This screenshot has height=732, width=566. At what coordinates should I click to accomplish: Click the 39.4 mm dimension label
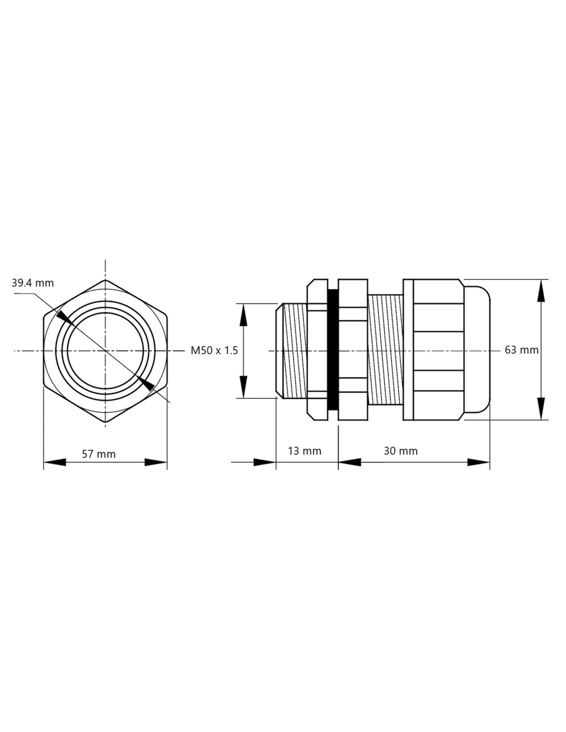[32, 283]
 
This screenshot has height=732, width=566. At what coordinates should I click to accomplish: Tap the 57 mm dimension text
[99, 455]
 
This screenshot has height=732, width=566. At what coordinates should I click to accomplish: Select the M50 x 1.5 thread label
[214, 351]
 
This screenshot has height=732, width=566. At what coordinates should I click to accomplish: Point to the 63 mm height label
[522, 350]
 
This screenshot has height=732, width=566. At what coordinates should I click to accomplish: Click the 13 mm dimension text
[305, 451]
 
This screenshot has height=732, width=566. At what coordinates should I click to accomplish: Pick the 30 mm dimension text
[401, 451]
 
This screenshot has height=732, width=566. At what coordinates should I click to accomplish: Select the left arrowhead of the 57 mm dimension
[55, 462]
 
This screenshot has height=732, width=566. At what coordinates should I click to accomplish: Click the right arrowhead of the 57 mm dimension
[156, 462]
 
